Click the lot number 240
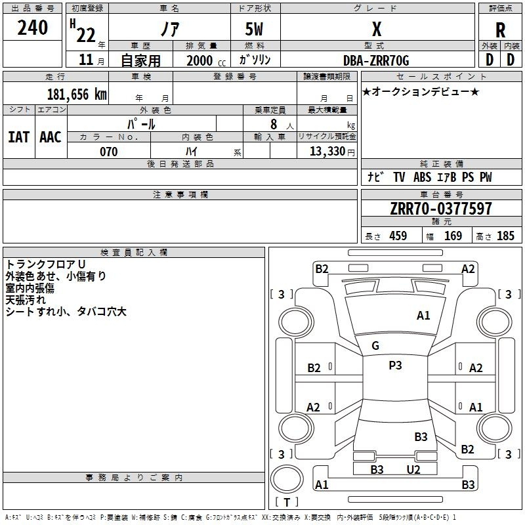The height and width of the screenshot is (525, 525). (32, 28)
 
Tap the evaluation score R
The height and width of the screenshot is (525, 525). (500, 30)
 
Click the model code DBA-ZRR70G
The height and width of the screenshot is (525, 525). (376, 60)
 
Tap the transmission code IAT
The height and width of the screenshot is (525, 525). (18, 136)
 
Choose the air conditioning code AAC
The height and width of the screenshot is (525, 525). (51, 136)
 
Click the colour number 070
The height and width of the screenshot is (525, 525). (108, 152)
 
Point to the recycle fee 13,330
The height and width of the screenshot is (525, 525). (326, 152)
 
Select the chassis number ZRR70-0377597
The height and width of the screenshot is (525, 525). (440, 209)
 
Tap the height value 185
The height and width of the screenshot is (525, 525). (505, 236)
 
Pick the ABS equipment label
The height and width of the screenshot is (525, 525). (422, 177)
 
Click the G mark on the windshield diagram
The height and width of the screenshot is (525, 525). (375, 345)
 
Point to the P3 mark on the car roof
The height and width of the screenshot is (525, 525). (395, 366)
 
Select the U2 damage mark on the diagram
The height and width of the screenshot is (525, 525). (413, 469)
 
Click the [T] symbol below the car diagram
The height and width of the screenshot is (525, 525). (286, 503)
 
